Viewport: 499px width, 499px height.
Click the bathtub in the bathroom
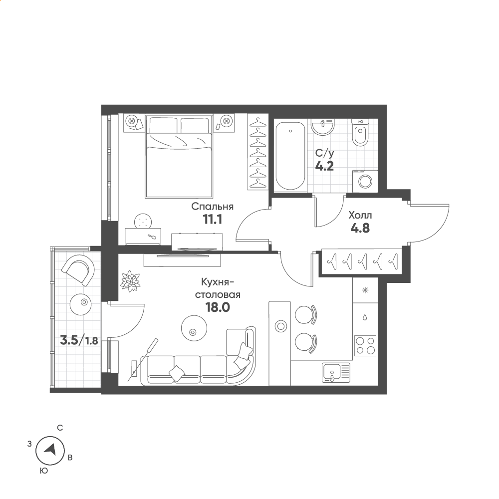click(x=290, y=156)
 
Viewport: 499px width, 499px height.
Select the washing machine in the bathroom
click(x=365, y=182)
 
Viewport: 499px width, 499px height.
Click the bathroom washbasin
click(x=323, y=127)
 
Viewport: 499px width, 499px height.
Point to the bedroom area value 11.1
click(x=212, y=219)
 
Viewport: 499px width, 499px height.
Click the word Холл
click(x=360, y=216)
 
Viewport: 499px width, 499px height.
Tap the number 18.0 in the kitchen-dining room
click(x=218, y=307)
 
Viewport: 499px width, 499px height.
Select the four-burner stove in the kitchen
click(x=365, y=346)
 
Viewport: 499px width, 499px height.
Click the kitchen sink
click(x=336, y=373)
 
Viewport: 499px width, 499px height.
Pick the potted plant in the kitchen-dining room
click(x=130, y=280)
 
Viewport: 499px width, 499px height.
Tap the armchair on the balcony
click(x=79, y=271)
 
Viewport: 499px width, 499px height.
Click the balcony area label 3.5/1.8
click(x=79, y=341)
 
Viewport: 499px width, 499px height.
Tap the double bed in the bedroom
click(x=179, y=157)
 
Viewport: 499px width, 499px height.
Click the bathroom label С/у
click(x=325, y=154)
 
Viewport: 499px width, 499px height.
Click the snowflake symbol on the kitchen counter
click(x=365, y=290)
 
